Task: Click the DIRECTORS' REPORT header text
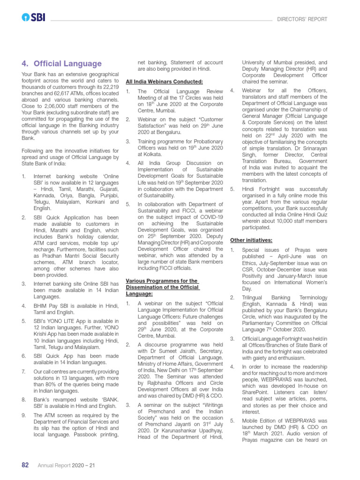coord(302,19)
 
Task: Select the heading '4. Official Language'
coord(61,63)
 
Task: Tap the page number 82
coord(26,465)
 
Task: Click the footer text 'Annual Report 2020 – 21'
coord(67,465)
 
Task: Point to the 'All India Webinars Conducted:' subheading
coord(164,81)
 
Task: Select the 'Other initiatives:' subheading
coord(251,240)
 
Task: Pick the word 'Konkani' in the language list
coord(89,202)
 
